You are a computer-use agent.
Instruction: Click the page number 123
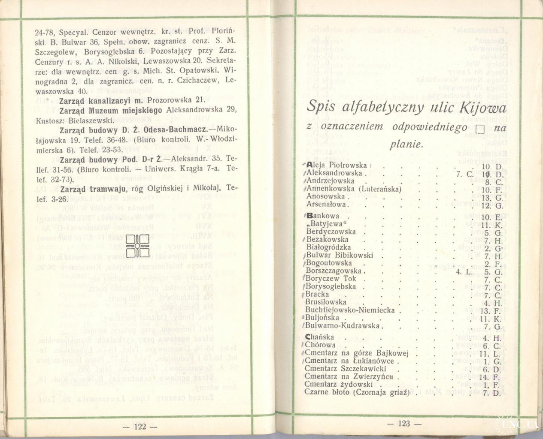click(x=404, y=424)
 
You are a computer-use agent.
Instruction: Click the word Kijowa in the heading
click(x=482, y=107)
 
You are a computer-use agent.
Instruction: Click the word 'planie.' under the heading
click(x=406, y=144)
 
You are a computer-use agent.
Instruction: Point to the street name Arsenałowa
click(x=326, y=204)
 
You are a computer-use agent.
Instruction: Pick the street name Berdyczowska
click(x=331, y=232)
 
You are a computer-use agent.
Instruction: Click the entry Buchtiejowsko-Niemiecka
click(x=349, y=310)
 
